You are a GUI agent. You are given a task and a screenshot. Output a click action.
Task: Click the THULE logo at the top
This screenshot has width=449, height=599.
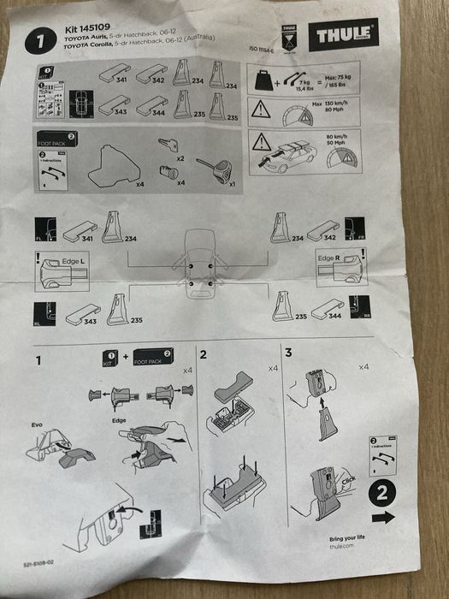[x=344, y=35]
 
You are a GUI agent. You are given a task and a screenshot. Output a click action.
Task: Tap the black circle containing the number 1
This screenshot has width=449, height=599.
[x=40, y=39]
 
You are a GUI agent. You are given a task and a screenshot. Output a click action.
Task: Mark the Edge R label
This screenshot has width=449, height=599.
[x=329, y=258]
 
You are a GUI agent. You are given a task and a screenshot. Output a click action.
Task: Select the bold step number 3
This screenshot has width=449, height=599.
[x=288, y=353]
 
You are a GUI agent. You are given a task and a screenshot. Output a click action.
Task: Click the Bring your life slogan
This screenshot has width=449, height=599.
[x=347, y=539]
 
